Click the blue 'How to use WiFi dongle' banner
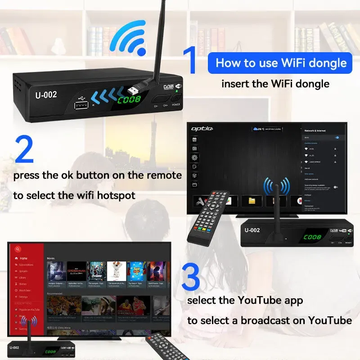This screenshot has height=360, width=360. coord(279,63)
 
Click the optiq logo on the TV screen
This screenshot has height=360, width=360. coord(201,129)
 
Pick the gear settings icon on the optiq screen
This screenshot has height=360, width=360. coord(195,158)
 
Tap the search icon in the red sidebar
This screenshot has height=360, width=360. coord(18,249)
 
